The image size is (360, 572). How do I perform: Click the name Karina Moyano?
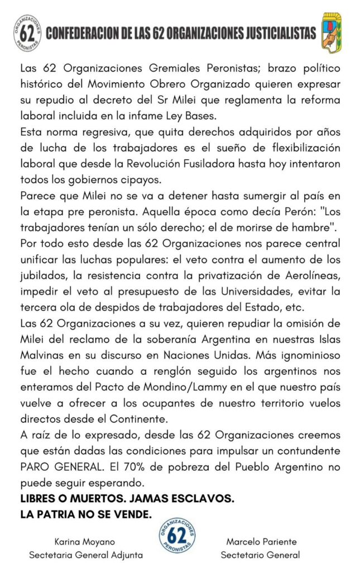pos(85,542)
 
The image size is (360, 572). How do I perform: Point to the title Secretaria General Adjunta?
pos(85,555)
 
